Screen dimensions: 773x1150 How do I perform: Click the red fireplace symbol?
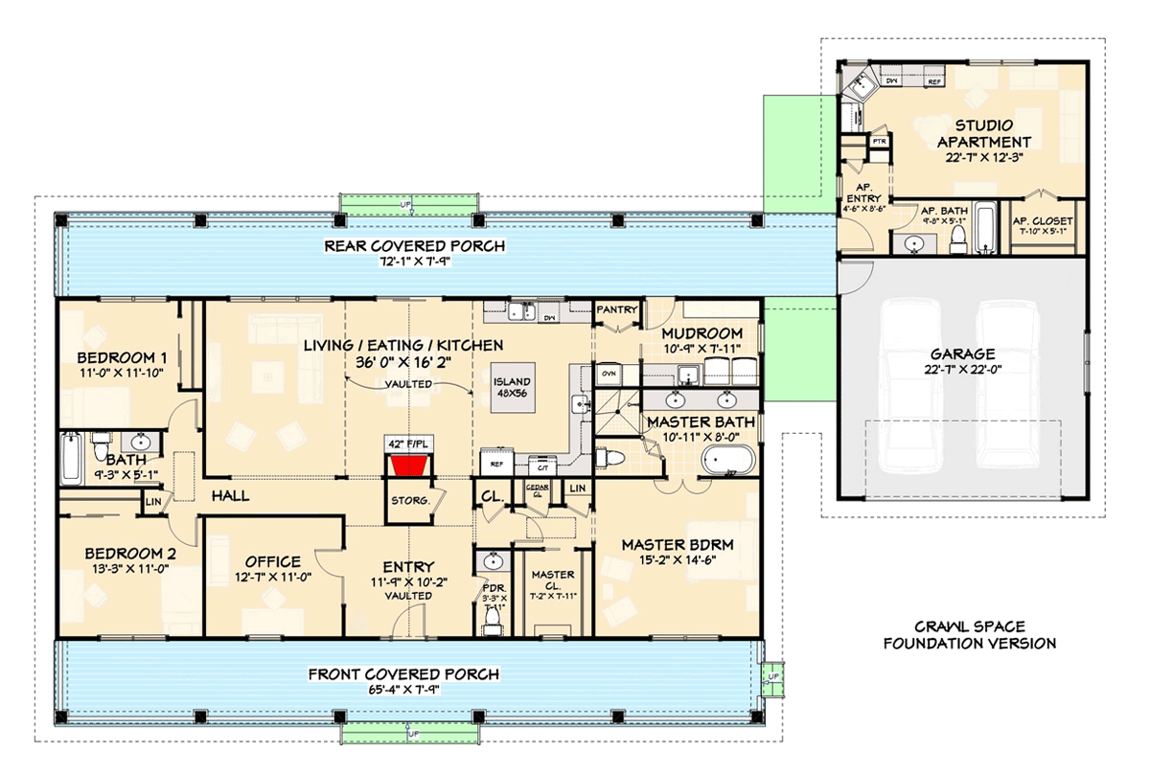pyautogui.click(x=409, y=466)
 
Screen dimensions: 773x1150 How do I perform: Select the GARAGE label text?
pyautogui.click(x=961, y=352)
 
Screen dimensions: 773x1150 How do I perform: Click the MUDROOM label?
pyautogui.click(x=701, y=332)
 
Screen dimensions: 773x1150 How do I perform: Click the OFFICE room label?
pyautogui.click(x=272, y=561)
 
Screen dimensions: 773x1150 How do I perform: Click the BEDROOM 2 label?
pyautogui.click(x=130, y=553)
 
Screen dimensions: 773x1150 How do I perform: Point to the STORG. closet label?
pyautogui.click(x=408, y=500)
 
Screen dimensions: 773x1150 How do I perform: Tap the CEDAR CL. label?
pyautogui.click(x=536, y=490)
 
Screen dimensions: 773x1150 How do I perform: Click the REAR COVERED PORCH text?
pyautogui.click(x=414, y=246)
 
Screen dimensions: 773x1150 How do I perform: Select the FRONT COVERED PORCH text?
pyautogui.click(x=403, y=674)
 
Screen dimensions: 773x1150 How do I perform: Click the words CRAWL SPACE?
pyautogui.click(x=969, y=624)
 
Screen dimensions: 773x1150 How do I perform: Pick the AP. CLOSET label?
pyautogui.click(x=1044, y=221)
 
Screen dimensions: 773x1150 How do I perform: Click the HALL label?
pyautogui.click(x=230, y=495)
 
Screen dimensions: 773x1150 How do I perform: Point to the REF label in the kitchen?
pyautogui.click(x=495, y=464)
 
